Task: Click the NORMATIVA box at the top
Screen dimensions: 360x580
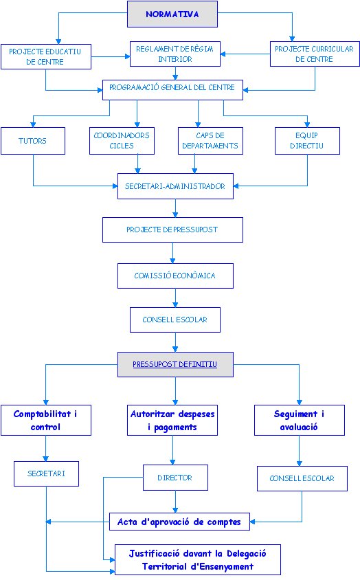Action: (x=172, y=14)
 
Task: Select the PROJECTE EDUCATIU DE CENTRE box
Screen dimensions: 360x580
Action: (x=46, y=56)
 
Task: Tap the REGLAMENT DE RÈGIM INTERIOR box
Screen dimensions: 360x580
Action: (x=175, y=54)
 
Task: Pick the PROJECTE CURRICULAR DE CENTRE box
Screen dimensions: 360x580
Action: (x=315, y=54)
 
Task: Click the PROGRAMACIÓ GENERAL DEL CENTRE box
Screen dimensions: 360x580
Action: (x=172, y=90)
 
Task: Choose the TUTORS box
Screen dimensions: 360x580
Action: (x=33, y=141)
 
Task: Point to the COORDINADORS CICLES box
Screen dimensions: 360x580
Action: (x=122, y=141)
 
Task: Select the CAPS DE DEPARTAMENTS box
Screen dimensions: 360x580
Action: (x=210, y=141)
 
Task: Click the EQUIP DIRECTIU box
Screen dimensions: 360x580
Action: (x=307, y=141)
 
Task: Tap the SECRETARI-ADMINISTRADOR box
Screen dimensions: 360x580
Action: (x=175, y=186)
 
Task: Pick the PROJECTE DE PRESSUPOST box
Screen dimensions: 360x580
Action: (x=172, y=230)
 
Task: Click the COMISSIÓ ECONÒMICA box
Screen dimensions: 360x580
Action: (x=175, y=276)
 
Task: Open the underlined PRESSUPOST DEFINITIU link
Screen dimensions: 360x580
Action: (x=175, y=364)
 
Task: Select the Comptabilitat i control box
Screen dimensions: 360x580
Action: (x=46, y=420)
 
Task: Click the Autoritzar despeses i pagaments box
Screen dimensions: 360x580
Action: (x=172, y=420)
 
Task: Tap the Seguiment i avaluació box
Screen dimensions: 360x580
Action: (x=300, y=420)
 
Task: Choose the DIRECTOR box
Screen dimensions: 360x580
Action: (x=175, y=478)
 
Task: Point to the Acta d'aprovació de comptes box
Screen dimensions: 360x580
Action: (x=179, y=522)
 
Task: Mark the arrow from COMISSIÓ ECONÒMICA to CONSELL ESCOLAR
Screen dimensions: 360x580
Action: (x=175, y=298)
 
